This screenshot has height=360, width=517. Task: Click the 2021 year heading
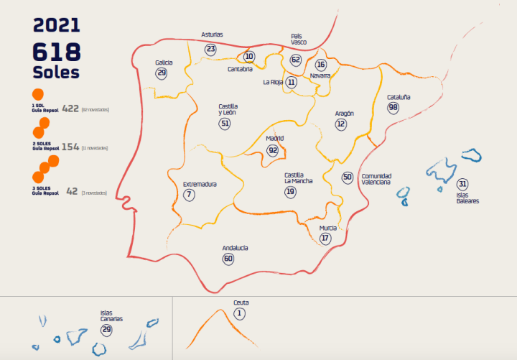pos(57,25)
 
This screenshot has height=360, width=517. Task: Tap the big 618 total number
pos(57,52)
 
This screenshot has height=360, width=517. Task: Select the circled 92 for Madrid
pos(273,151)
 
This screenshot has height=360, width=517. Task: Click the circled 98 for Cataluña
pos(393,108)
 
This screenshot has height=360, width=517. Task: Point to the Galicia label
pos(164,63)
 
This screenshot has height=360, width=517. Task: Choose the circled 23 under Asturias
pos(210,49)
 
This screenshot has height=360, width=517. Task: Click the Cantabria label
pos(240,69)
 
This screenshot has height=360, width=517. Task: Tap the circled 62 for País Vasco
pos(296,60)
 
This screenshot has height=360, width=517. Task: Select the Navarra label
pos(320,75)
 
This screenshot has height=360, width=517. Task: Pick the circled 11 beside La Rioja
pos(291,82)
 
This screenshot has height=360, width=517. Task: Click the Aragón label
pos(344,114)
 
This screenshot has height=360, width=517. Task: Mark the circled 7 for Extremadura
pos(189,195)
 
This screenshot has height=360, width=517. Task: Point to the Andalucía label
pos(236,248)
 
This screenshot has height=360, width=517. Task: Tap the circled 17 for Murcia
pos(325,239)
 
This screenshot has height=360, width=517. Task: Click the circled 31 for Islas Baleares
pos(462,184)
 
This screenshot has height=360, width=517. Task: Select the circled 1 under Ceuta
pos(240,313)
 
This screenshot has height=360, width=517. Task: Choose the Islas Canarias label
pos(111,315)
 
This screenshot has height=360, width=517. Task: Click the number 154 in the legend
pos(70,147)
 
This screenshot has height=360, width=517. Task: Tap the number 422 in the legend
pos(70,109)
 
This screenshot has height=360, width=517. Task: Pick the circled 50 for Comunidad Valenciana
pos(348,177)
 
